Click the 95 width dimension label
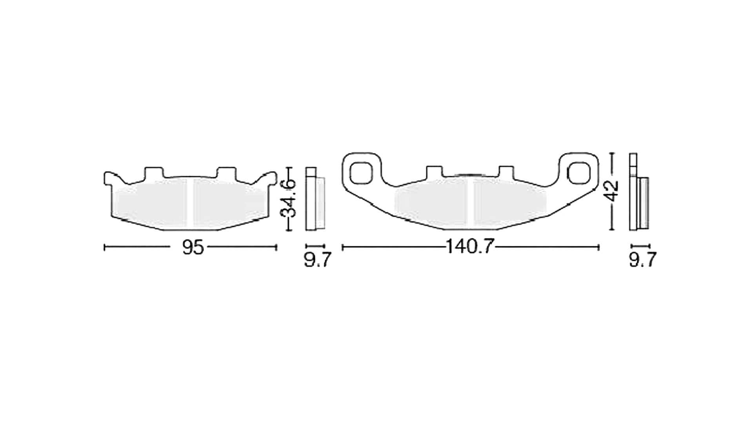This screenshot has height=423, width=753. (193, 247)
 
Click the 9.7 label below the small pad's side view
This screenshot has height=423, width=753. (317, 260)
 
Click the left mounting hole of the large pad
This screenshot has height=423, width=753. (361, 173)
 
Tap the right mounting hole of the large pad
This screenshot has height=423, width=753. (580, 173)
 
